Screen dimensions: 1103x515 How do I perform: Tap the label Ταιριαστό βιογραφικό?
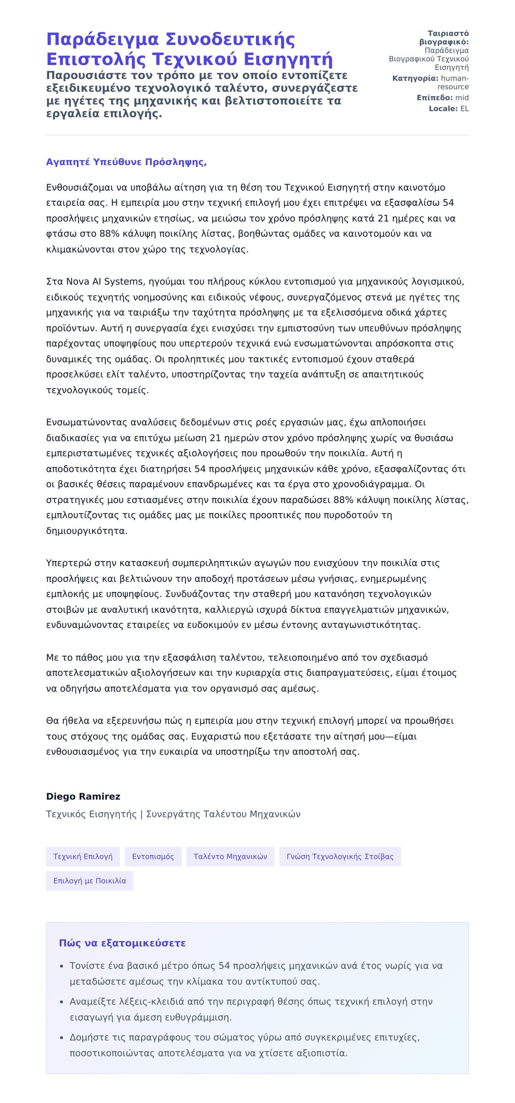point(444,38)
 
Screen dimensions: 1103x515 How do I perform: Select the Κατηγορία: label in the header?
point(415,78)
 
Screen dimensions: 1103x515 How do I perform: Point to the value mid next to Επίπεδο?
point(462,98)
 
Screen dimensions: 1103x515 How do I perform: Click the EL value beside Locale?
point(464,109)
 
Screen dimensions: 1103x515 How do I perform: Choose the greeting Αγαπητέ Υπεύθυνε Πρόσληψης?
point(126,162)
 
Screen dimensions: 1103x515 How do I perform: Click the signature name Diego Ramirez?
point(83,796)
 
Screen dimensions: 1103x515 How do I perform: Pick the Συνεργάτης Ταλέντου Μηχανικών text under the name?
point(223,814)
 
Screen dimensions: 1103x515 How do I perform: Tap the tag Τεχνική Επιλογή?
point(83,856)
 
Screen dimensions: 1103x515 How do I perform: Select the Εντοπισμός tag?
point(153,856)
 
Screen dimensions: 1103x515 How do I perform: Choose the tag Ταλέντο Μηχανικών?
point(230,856)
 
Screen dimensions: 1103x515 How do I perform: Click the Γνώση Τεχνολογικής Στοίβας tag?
point(339,856)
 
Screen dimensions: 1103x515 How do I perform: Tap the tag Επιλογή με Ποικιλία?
point(89,881)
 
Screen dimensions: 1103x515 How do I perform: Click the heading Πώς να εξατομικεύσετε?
point(122,943)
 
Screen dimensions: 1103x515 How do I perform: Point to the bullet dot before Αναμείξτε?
point(62,1002)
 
